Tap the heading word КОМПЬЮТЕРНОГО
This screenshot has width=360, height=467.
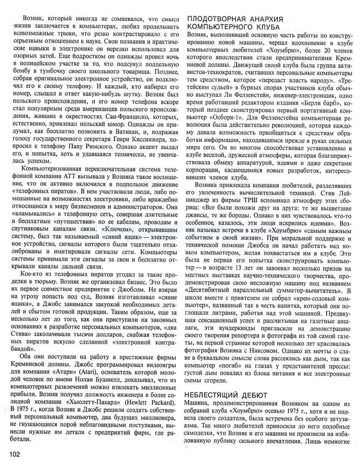pos(221,27)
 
